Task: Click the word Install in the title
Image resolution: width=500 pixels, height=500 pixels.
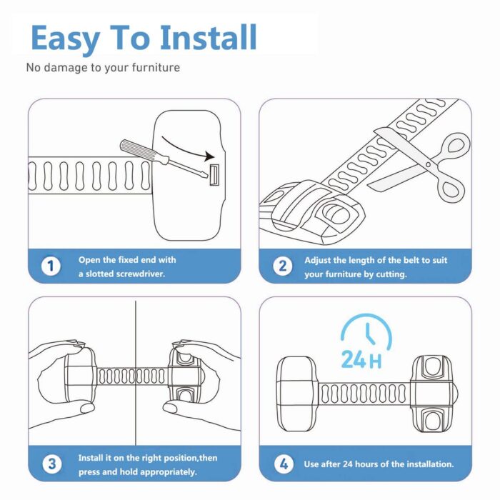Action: pyautogui.click(x=209, y=38)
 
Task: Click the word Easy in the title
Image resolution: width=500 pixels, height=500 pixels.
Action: pyautogui.click(x=64, y=38)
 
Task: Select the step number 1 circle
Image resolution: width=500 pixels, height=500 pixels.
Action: pyautogui.click(x=50, y=266)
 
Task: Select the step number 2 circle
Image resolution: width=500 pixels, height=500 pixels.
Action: pyautogui.click(x=282, y=266)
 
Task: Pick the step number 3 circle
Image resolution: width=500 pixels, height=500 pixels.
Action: pyautogui.click(x=50, y=464)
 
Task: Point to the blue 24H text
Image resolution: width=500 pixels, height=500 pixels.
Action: pyautogui.click(x=361, y=360)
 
